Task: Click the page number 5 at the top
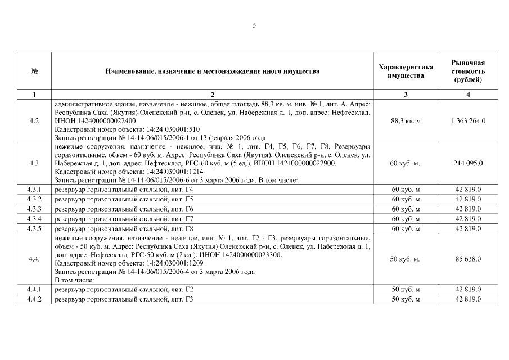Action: pos(254,25)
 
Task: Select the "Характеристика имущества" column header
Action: pos(406,71)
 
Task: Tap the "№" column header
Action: pos(34,71)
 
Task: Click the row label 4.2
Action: pos(34,121)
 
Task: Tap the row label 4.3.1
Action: pos(34,190)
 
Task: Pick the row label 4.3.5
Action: pos(34,228)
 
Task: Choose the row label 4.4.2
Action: pos(34,299)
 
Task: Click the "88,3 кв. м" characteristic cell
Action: pos(406,121)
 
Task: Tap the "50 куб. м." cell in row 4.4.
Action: pos(406,259)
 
